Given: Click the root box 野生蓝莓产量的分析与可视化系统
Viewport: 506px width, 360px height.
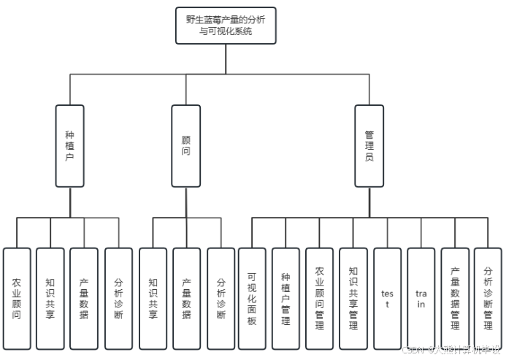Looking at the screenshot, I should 226,26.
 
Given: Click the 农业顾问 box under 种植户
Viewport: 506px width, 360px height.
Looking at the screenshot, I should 17,298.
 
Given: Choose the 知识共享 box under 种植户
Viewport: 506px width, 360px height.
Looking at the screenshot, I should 50,298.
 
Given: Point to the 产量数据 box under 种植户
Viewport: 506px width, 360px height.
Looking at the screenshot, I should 84,298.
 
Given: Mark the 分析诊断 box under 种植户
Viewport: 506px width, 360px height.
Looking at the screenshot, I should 118,298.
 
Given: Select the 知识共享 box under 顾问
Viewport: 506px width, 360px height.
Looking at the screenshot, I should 153,298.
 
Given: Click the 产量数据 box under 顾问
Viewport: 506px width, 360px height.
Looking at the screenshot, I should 186,298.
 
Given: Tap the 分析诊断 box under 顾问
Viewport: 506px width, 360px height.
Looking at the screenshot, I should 221,298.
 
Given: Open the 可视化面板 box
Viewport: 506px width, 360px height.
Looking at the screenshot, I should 252,298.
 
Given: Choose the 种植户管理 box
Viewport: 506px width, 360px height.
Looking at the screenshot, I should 285,298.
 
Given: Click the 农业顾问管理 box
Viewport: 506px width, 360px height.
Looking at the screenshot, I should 319,298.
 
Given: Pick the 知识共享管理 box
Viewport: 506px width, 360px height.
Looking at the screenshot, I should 353,298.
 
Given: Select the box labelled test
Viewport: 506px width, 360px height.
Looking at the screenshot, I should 387,298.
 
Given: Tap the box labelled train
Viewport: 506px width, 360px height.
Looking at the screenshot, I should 421,298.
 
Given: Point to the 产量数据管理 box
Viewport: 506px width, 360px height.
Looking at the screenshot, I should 454,298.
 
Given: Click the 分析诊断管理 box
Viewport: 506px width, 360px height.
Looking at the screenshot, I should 488,298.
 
